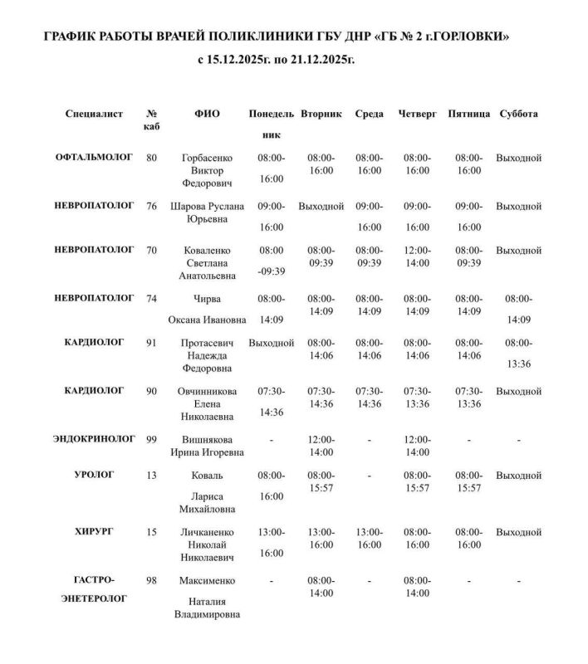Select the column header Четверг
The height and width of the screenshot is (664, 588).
[417, 114]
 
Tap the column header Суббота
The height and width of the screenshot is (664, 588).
[518, 114]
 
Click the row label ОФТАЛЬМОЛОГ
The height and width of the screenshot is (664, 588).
[94, 157]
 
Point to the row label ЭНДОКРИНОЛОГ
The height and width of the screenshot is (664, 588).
[94, 438]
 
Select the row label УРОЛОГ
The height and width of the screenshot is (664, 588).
[94, 475]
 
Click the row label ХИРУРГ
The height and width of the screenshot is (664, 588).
[94, 531]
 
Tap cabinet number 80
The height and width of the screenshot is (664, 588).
[151, 157]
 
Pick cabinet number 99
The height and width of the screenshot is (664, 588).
[151, 438]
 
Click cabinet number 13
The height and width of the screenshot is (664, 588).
[151, 475]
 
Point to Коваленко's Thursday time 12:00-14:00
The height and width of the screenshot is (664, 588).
[417, 256]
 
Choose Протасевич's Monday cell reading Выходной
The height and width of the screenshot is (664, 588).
[272, 341]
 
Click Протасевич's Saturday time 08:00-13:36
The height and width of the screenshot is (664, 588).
[518, 352]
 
